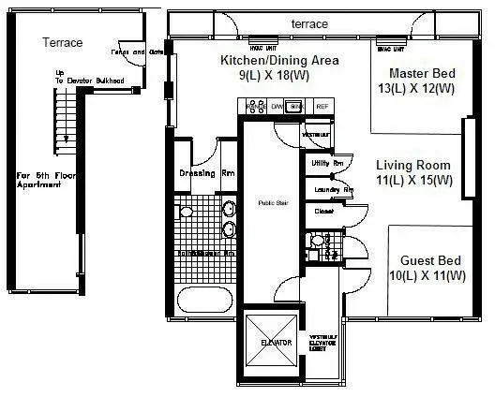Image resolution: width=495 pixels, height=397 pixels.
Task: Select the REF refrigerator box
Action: tap(322, 108)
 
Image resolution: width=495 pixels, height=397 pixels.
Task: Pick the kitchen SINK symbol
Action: tap(294, 108)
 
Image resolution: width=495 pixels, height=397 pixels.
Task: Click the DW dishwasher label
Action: tap(277, 108)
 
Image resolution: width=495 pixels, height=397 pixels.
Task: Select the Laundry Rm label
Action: tap(334, 191)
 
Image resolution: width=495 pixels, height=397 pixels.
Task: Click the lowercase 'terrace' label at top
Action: tap(309, 22)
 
